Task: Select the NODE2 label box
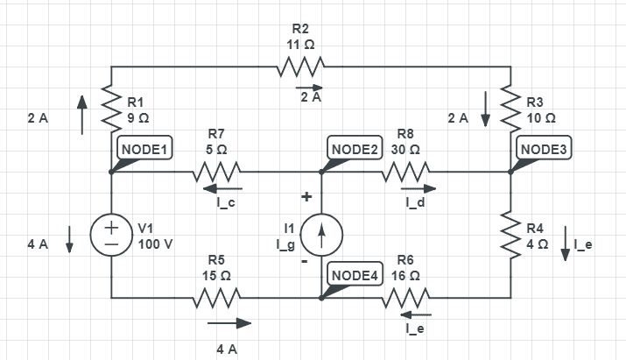[x=355, y=148]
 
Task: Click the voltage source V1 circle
[x=112, y=235]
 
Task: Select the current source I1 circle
[x=321, y=235]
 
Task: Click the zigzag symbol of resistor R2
[x=301, y=67]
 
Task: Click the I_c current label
[x=225, y=203]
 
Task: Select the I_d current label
[x=415, y=203]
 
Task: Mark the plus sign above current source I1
[x=306, y=198]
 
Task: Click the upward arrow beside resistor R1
[x=81, y=116]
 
